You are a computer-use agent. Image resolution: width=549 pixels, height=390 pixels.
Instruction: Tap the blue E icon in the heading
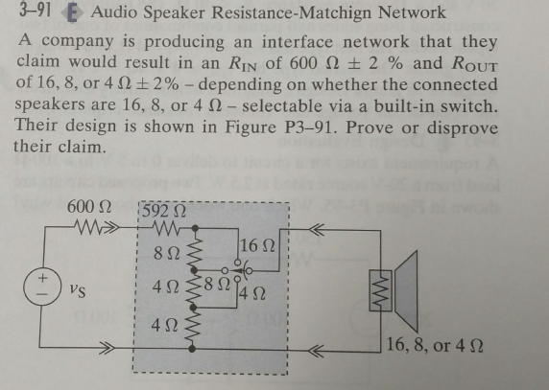[x=72, y=13]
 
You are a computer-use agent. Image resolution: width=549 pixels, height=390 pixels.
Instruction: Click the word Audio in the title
[x=113, y=12]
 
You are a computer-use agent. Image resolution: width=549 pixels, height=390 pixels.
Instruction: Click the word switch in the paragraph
[x=470, y=106]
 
